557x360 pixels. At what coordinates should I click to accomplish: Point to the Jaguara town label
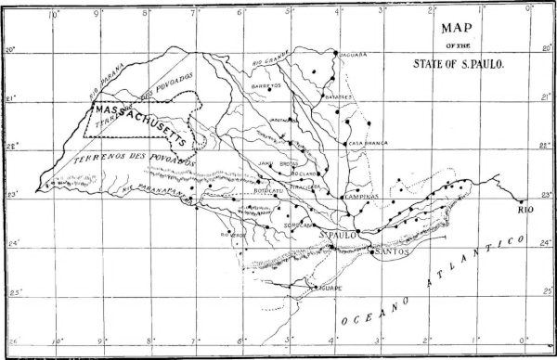tap(353, 54)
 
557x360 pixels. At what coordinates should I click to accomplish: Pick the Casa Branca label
tap(369, 144)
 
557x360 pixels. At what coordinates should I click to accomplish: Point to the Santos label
tap(390, 251)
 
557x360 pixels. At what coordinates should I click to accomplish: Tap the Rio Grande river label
tap(266, 63)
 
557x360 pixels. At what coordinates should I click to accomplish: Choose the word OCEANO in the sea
tap(371, 312)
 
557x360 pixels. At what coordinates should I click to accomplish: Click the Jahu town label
tap(265, 163)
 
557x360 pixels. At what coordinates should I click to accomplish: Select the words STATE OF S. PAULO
tap(460, 65)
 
